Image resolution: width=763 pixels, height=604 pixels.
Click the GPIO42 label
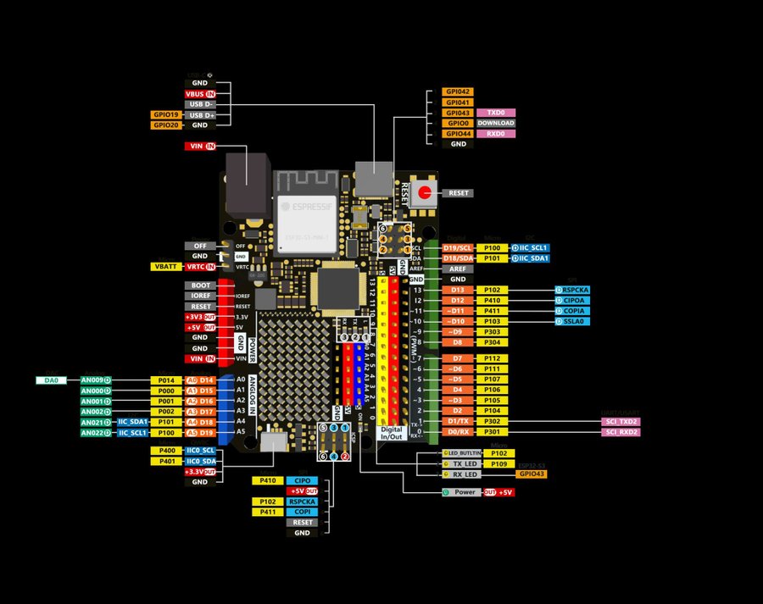(458, 91)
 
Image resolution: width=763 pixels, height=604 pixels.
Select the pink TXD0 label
(496, 113)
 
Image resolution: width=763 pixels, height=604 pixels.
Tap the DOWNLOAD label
(496, 123)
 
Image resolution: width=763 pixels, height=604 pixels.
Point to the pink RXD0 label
(496, 133)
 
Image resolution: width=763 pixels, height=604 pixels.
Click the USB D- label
(200, 104)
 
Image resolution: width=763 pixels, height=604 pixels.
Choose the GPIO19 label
(165, 114)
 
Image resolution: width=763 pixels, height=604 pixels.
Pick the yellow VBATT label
(165, 266)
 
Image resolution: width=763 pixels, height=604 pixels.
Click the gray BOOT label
(200, 285)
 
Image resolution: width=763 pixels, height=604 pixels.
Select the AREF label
(458, 269)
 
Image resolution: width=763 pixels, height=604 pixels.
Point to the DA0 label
(52, 380)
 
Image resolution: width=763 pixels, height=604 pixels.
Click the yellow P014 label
(165, 380)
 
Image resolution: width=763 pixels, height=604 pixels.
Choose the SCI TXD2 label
(620, 421)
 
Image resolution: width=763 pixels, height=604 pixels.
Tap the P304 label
(492, 343)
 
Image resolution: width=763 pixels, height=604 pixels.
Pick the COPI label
(302, 512)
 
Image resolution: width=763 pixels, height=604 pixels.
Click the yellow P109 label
(498, 463)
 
